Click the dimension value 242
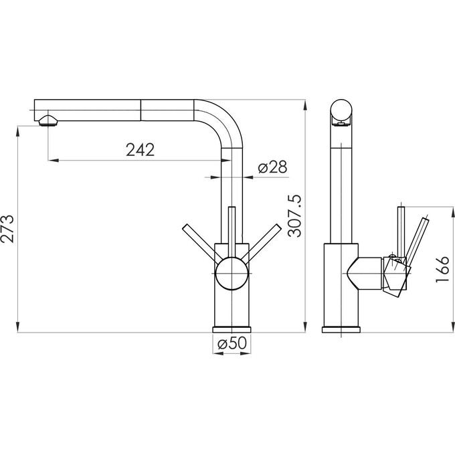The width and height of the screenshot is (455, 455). tap(141, 150)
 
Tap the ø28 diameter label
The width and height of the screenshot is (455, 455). tap(272, 167)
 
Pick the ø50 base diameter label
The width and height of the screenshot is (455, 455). tap(232, 343)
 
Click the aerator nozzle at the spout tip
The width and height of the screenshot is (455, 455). tap(48, 121)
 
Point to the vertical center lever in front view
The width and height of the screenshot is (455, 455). tap(232, 227)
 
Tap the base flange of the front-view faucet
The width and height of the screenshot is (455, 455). tap(232, 329)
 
